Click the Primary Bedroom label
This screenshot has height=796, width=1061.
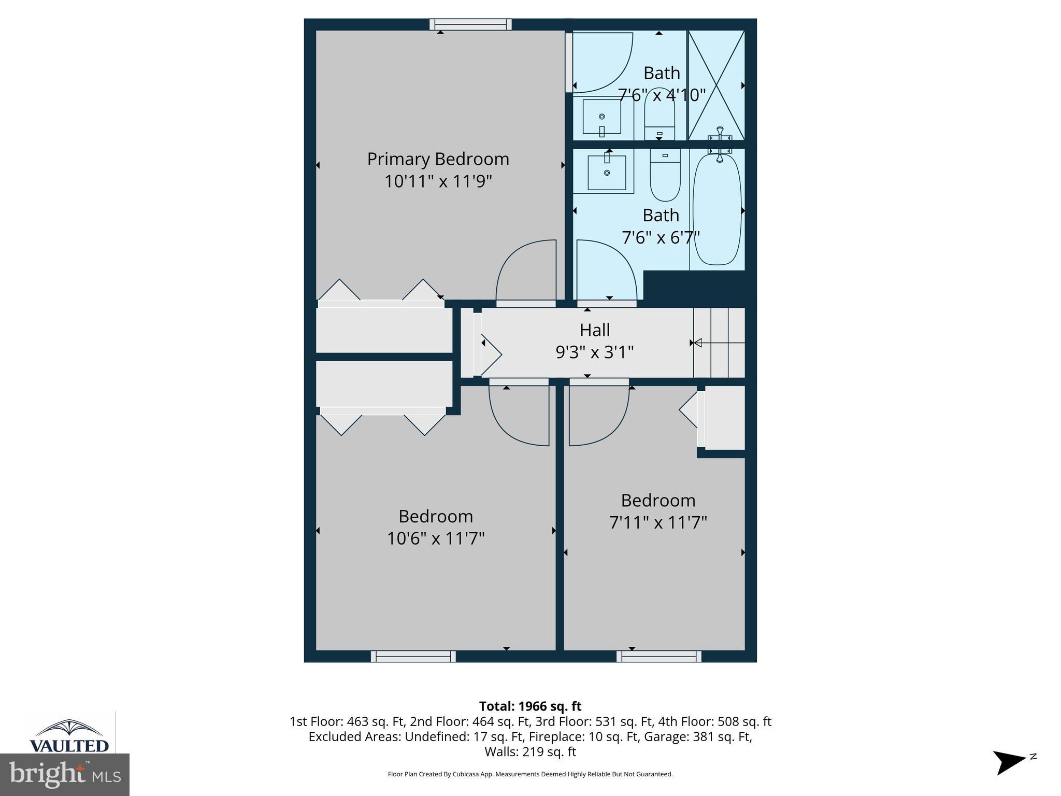point(438,159)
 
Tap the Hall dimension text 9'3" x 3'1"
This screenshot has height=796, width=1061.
point(594,352)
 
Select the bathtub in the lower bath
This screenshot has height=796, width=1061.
point(717,210)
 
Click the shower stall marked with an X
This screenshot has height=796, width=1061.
point(716,85)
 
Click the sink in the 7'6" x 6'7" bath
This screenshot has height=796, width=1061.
point(606,172)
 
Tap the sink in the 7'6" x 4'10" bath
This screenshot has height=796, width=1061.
point(601,117)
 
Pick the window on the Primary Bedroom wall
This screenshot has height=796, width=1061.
point(470,24)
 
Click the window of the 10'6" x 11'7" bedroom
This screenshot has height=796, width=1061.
point(413,657)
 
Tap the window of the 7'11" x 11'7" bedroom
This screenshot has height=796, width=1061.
point(658,657)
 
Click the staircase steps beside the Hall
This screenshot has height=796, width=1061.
point(720,343)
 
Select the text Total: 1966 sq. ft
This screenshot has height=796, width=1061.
point(530,706)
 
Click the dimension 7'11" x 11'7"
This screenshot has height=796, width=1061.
point(658,522)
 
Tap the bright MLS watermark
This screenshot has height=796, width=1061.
point(65,775)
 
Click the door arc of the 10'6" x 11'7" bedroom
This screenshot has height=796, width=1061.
point(519,415)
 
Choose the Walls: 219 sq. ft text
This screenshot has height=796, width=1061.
point(530,751)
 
